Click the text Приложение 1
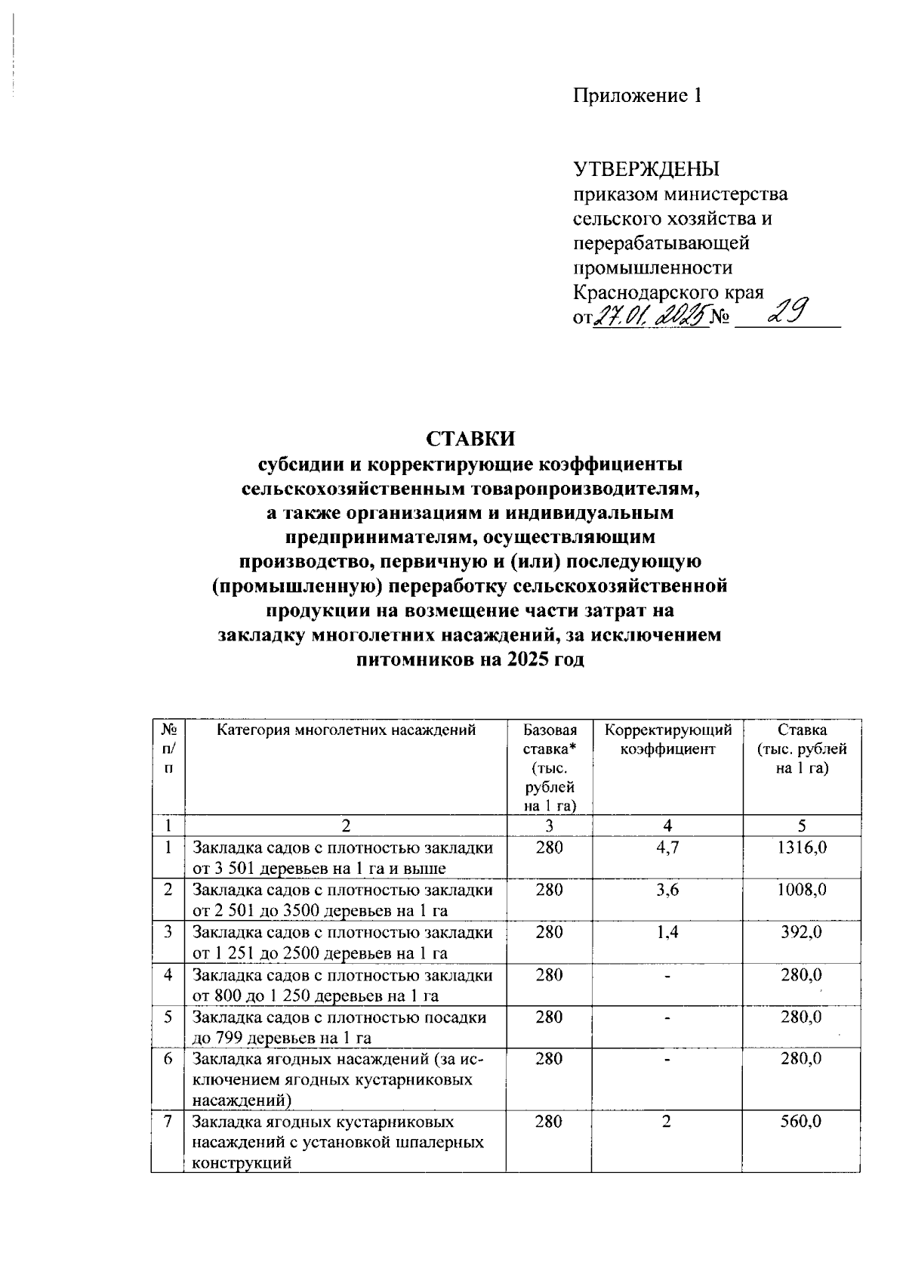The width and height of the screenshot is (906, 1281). click(637, 95)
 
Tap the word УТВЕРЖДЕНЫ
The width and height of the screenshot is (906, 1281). click(646, 168)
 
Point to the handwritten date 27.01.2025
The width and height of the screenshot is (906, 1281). click(648, 314)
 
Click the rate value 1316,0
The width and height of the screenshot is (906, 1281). click(802, 848)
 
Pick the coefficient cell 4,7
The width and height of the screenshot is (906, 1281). click(667, 848)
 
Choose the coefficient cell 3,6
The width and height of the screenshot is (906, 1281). click(667, 891)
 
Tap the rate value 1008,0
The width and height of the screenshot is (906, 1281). click(802, 891)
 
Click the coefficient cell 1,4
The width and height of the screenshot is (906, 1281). click(667, 933)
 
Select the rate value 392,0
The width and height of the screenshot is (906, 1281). click(802, 933)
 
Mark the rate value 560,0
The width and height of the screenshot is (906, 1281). click(802, 1122)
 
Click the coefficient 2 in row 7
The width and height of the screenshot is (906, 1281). click(666, 1122)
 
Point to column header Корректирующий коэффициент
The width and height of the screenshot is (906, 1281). click(668, 740)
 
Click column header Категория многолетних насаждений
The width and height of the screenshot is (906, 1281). click(346, 730)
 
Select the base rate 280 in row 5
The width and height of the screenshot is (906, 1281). click(549, 1017)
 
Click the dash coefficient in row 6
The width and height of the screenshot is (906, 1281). click(667, 1060)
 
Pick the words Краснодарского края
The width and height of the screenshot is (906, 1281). click(668, 293)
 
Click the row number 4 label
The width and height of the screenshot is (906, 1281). click(168, 975)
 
